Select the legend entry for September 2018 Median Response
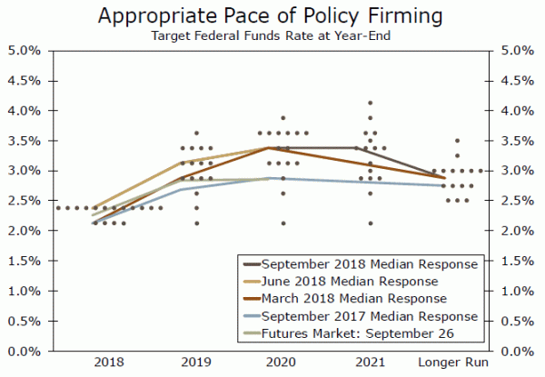coord(369,264)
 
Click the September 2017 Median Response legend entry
coord(369,315)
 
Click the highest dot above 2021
coord(370,104)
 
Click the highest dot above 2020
coord(283,118)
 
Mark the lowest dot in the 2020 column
coord(283,223)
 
